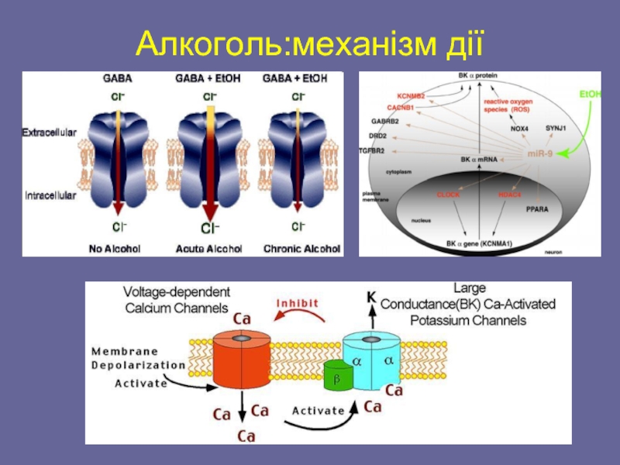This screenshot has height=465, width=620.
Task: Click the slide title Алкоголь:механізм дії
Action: (x=310, y=42)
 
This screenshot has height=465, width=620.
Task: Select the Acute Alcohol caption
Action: (x=210, y=249)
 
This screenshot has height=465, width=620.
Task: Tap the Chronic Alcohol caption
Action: (x=302, y=249)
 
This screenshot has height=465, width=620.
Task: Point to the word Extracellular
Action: (x=49, y=133)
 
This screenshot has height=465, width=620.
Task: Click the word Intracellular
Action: (x=49, y=196)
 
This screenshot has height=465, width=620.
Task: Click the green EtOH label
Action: (x=589, y=95)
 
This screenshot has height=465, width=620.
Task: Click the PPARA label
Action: (x=537, y=209)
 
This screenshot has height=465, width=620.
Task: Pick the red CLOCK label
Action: (x=448, y=195)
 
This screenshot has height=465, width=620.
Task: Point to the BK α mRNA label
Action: (x=478, y=160)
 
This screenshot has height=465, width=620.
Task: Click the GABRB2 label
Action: (x=384, y=121)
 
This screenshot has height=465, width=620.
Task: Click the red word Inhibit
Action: (x=298, y=303)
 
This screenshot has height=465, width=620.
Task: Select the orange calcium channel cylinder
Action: (x=240, y=360)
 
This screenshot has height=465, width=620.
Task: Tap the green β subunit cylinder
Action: (x=336, y=377)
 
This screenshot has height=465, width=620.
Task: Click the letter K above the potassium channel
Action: (x=371, y=295)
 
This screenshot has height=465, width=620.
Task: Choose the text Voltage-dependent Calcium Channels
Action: (x=177, y=299)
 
